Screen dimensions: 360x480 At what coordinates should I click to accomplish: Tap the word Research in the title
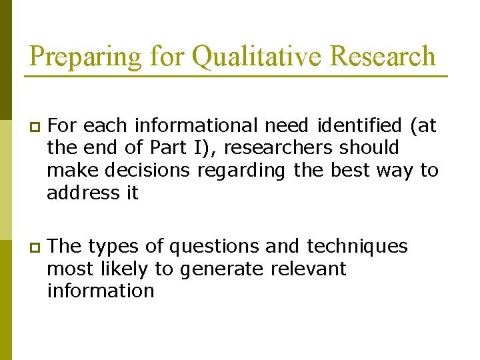383,56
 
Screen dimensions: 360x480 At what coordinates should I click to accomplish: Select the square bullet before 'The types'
35,247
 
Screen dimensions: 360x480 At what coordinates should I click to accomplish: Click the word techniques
357,247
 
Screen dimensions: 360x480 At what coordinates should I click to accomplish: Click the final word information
101,291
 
